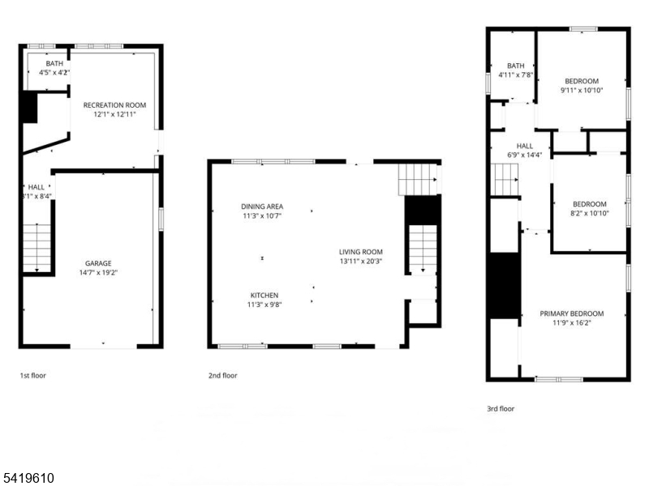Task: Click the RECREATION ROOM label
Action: pyautogui.click(x=114, y=104)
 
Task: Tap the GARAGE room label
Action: pyautogui.click(x=98, y=263)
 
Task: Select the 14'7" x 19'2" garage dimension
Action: pyautogui.click(x=98, y=273)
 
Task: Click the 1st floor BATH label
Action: pyautogui.click(x=54, y=63)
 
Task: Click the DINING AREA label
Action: pyautogui.click(x=262, y=207)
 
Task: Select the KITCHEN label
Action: pyautogui.click(x=264, y=295)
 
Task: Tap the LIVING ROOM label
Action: pyautogui.click(x=361, y=252)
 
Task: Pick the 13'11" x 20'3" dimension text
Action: pyautogui.click(x=361, y=262)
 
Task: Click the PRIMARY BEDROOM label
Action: pyautogui.click(x=572, y=313)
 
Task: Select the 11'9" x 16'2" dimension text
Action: pyautogui.click(x=572, y=323)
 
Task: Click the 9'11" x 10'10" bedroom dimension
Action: pyautogui.click(x=582, y=91)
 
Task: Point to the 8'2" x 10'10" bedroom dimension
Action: pyautogui.click(x=589, y=214)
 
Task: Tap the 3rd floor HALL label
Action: pyautogui.click(x=524, y=146)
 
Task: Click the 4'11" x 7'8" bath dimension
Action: pyautogui.click(x=516, y=75)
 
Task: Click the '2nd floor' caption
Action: pyautogui.click(x=223, y=376)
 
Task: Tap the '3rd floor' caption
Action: pyautogui.click(x=501, y=409)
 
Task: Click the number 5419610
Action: pyautogui.click(x=28, y=479)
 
